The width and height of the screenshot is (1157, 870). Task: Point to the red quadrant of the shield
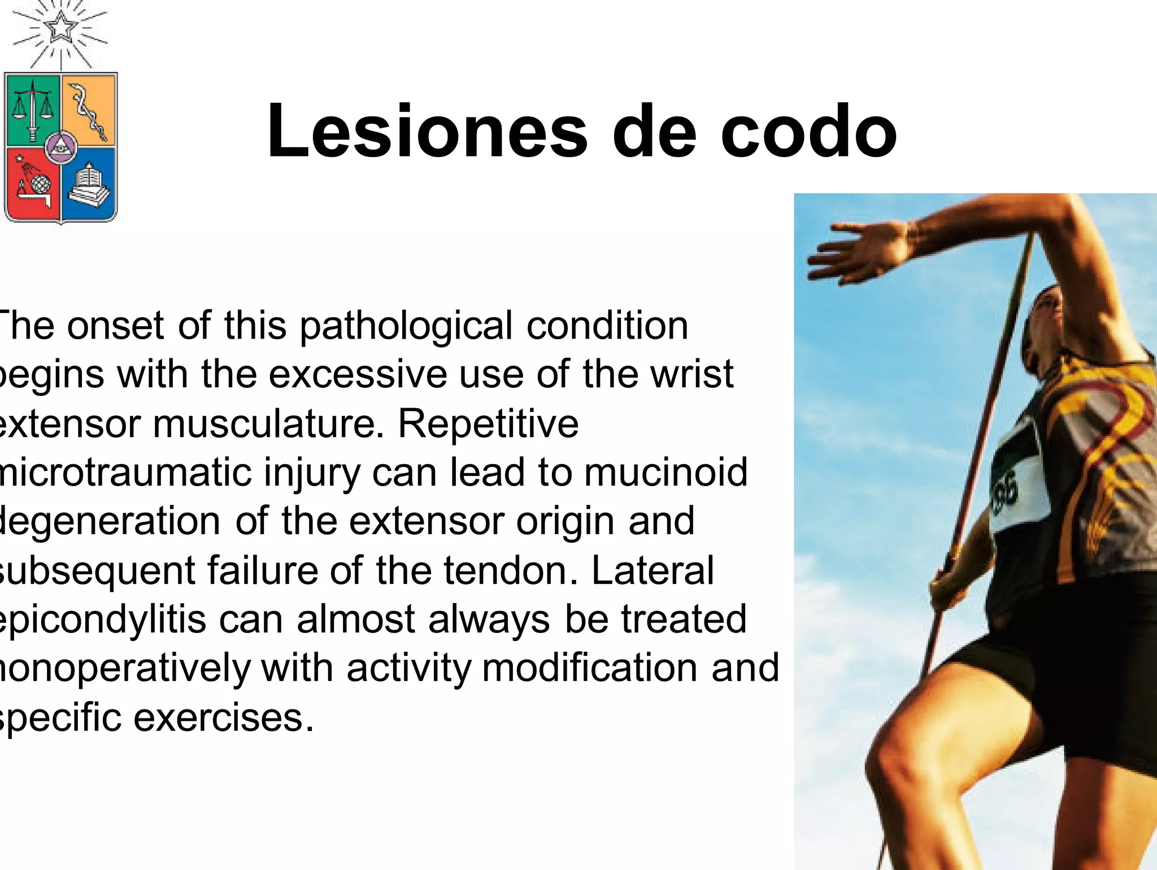click(x=32, y=184)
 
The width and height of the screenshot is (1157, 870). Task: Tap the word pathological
click(x=406, y=327)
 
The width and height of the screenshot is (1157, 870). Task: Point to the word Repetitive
click(x=489, y=424)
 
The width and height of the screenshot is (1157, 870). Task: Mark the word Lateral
click(x=653, y=570)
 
